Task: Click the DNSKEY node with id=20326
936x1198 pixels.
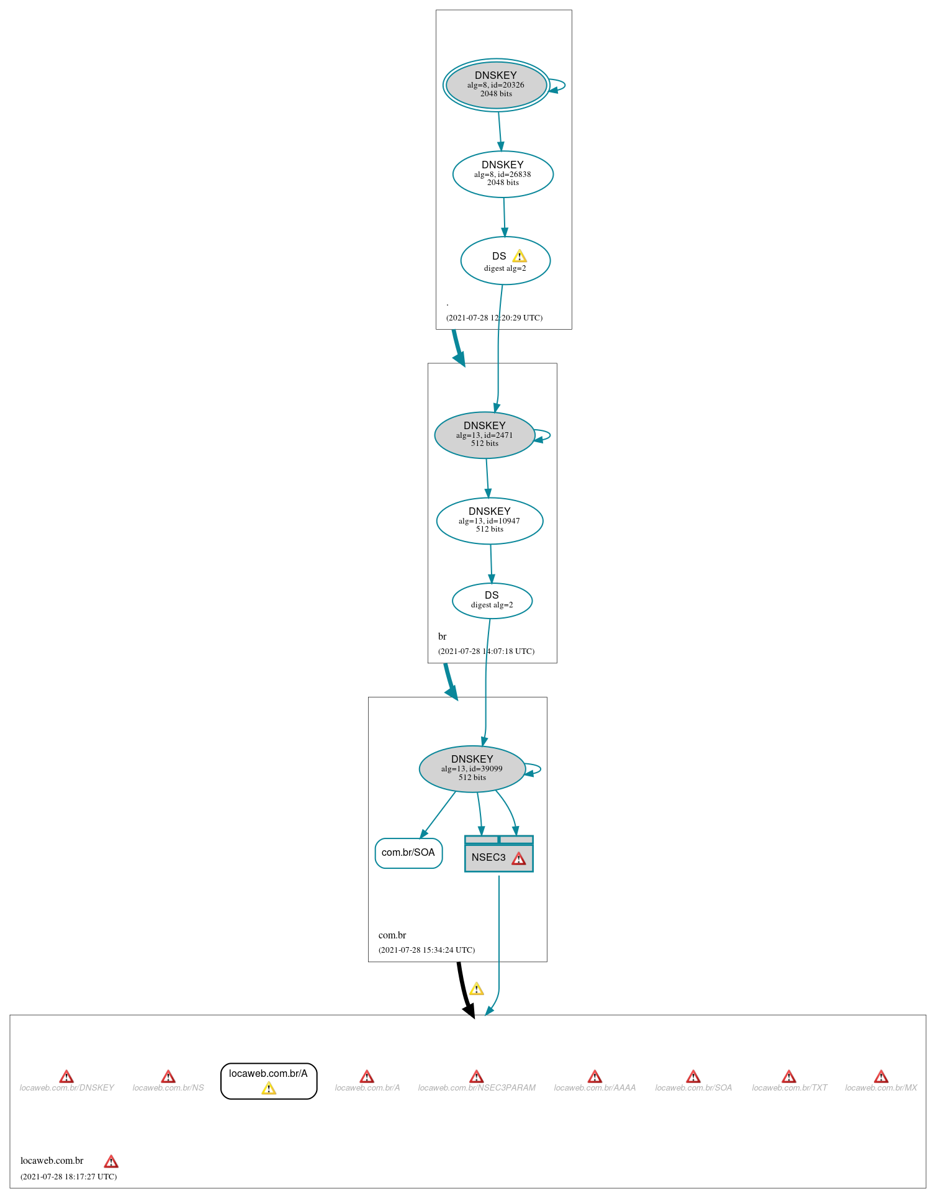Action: click(496, 85)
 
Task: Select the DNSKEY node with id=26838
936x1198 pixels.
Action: click(503, 175)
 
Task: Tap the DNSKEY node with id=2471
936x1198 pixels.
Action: click(484, 435)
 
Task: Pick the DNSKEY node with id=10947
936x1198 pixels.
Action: click(490, 521)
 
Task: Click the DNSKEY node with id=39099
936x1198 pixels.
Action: click(472, 769)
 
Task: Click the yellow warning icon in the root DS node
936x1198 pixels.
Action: click(520, 256)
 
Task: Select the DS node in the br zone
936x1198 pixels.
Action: click(492, 601)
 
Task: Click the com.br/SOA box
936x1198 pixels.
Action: click(408, 853)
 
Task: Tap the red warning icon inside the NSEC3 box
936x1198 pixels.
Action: click(519, 858)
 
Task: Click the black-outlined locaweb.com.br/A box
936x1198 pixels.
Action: click(269, 1081)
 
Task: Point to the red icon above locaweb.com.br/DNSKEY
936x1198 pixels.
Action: click(66, 1076)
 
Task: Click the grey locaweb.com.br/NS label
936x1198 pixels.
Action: click(168, 1087)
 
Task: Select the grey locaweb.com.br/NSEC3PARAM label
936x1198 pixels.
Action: click(477, 1087)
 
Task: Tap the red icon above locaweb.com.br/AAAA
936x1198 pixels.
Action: click(595, 1076)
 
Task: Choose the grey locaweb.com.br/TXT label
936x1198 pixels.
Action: click(790, 1087)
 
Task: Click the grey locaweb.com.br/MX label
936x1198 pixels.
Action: click(881, 1087)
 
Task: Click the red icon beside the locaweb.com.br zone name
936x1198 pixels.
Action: click(111, 1161)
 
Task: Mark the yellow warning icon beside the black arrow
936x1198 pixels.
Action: click(476, 989)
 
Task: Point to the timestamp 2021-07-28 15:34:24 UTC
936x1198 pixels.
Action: click(426, 950)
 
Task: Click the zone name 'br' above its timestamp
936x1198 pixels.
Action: click(442, 637)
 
